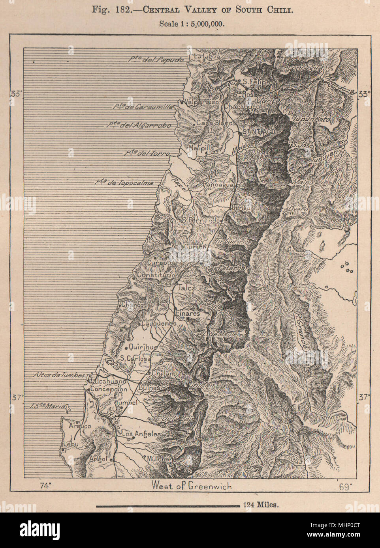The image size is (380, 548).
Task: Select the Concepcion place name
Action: tap(109, 389)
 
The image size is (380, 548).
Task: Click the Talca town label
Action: tap(186, 288)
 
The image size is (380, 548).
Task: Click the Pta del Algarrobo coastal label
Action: tap(139, 125)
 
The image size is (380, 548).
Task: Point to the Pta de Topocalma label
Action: tap(124, 183)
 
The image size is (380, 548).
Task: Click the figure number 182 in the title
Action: tap(116, 10)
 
